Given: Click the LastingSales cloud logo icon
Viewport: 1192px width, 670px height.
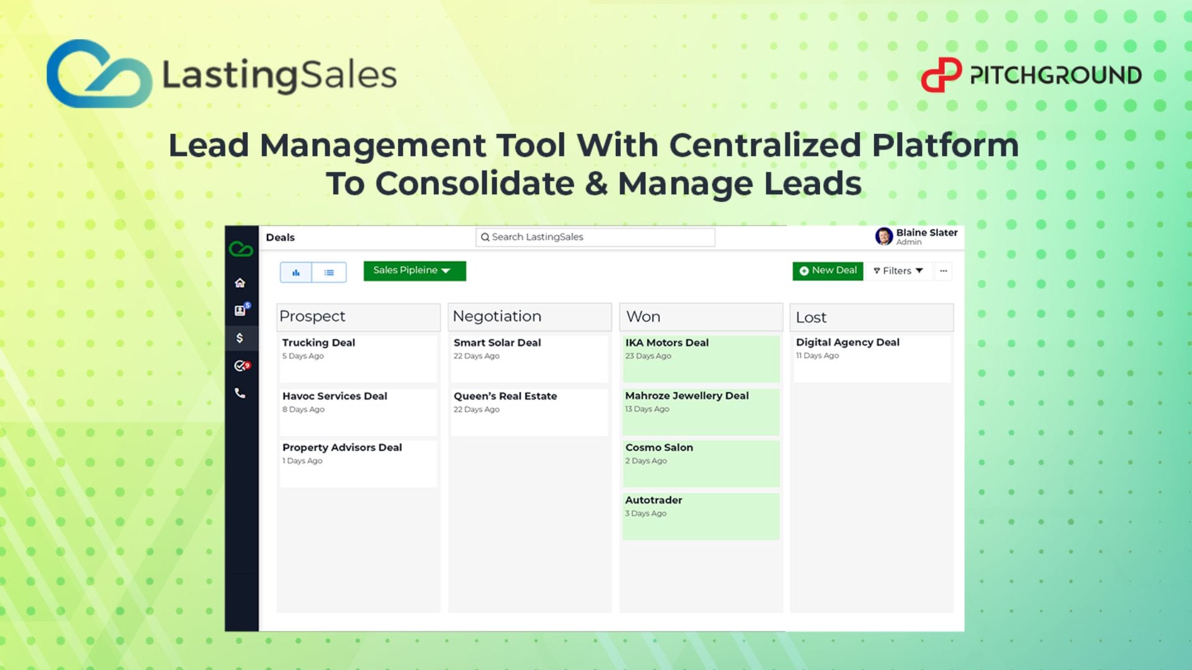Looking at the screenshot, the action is pyautogui.click(x=99, y=74).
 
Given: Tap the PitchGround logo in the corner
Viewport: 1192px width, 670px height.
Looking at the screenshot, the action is pyautogui.click(x=1031, y=75).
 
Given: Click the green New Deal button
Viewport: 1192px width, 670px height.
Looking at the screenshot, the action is pyautogui.click(x=828, y=271).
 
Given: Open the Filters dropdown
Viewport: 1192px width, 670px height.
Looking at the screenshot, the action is pyautogui.click(x=898, y=271).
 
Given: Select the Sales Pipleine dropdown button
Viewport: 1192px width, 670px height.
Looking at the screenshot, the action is pyautogui.click(x=415, y=271).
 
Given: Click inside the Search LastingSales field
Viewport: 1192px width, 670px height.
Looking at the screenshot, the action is pyautogui.click(x=595, y=237).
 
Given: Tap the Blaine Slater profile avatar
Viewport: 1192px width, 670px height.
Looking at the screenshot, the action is pyautogui.click(x=883, y=236).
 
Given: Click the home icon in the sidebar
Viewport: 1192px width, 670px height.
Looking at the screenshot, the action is pyautogui.click(x=240, y=283).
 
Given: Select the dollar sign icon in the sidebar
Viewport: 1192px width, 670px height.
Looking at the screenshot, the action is pyautogui.click(x=240, y=338).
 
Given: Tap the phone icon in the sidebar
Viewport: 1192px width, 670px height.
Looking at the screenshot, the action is pyautogui.click(x=240, y=393).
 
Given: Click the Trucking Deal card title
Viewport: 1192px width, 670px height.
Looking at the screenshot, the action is pyautogui.click(x=318, y=342).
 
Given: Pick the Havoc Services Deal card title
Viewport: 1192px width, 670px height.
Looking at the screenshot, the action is pyautogui.click(x=335, y=396).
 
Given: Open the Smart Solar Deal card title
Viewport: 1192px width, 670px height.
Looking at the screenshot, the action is pyautogui.click(x=497, y=342).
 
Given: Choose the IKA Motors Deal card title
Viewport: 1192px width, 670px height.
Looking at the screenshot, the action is pyautogui.click(x=667, y=342).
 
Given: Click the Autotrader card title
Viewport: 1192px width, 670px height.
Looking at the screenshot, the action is pyautogui.click(x=654, y=500).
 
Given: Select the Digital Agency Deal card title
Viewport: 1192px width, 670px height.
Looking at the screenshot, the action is pyautogui.click(x=847, y=342).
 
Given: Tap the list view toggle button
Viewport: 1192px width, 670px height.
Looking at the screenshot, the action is pyautogui.click(x=329, y=272).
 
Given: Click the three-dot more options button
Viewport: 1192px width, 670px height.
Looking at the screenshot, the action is pyautogui.click(x=944, y=271).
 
